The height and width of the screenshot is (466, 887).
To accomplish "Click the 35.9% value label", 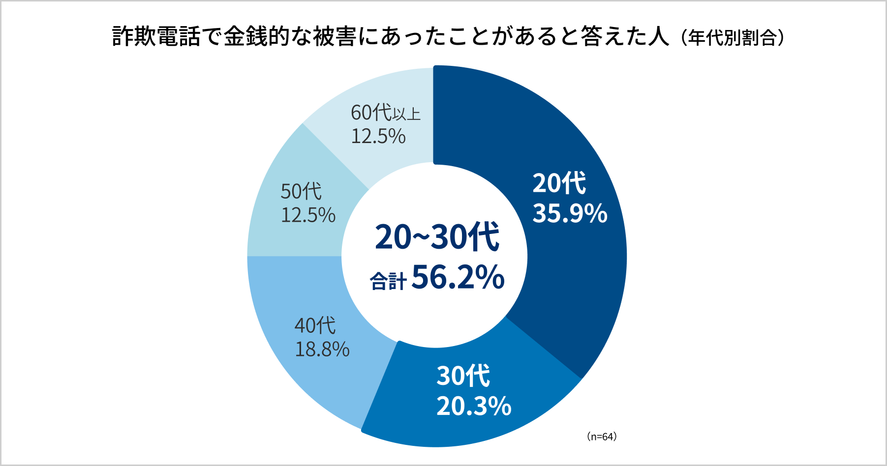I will point(570,213).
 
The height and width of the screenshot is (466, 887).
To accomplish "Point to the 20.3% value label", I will point(474,407).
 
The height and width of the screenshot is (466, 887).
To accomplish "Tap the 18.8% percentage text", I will point(322,349).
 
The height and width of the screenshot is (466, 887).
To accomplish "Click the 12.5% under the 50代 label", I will point(308,215).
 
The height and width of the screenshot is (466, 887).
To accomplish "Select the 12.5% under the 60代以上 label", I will point(378,136).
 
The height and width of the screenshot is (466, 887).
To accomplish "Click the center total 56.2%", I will point(458,277).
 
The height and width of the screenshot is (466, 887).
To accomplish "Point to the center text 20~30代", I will point(437,237).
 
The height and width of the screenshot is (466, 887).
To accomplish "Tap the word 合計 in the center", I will point(388,282).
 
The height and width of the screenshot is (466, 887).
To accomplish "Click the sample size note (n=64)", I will point(601,437).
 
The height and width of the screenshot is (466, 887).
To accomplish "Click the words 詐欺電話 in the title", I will point(156,36).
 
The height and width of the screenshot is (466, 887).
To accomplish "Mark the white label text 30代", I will point(463,376).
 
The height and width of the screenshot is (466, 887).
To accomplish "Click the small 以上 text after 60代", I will point(407,114).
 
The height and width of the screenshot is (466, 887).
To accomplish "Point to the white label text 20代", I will point(559,183).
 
